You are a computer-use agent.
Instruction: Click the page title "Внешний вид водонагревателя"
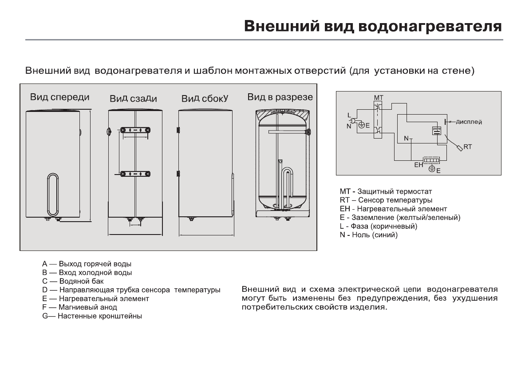tap(374, 25)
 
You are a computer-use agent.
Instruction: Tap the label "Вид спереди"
tap(59, 97)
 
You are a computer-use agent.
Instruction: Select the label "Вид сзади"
tap(133, 98)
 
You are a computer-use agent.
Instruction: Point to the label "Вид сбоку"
tap(205, 98)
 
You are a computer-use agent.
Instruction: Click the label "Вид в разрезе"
tap(280, 97)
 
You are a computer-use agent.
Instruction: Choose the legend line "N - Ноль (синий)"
tap(368, 235)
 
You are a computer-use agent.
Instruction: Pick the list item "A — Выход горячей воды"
tap(87, 264)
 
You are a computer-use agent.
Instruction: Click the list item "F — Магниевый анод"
tap(79, 307)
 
